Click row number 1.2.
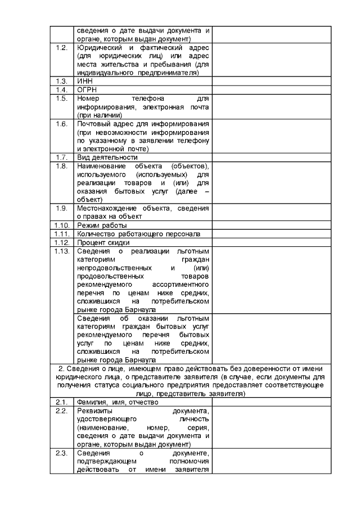62,47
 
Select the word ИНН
84,81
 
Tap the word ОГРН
87,89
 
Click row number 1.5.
62,98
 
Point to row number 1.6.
62,123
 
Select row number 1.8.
62,166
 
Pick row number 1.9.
62,208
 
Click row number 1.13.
62,251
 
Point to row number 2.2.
62,411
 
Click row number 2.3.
62,453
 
